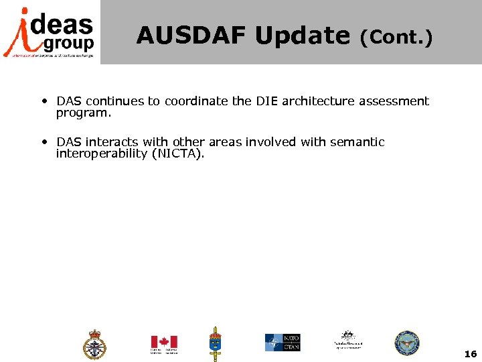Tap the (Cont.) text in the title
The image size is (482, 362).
click(396, 38)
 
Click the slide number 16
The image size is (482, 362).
click(470, 353)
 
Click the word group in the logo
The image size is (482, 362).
click(68, 44)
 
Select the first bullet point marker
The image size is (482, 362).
click(44, 102)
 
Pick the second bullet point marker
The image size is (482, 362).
click(44, 142)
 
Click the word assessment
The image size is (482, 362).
click(394, 101)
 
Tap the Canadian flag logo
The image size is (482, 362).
click(164, 343)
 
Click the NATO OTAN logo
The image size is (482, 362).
click(282, 343)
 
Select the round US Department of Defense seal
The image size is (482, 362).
click(406, 343)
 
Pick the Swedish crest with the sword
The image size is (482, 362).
click(216, 343)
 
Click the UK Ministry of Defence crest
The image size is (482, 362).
click(94, 345)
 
